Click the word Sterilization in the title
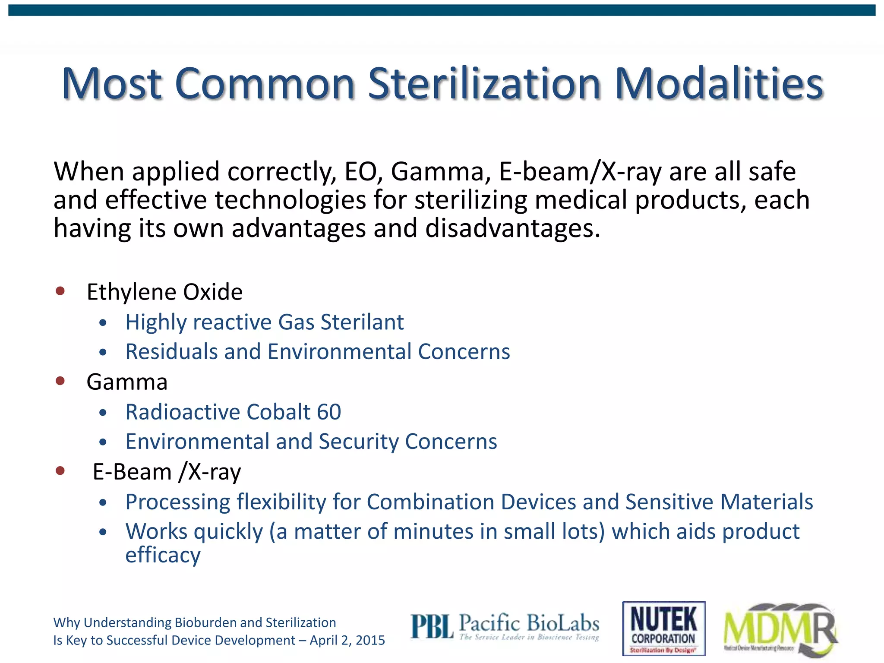click(484, 84)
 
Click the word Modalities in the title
click(719, 84)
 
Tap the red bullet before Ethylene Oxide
click(60, 291)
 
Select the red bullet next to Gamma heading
click(60, 381)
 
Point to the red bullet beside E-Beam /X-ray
click(60, 470)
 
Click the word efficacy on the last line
click(163, 555)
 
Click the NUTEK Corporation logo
click(663, 628)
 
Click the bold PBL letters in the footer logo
click(432, 627)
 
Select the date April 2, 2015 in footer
click(347, 640)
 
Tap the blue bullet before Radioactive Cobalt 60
click(103, 413)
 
